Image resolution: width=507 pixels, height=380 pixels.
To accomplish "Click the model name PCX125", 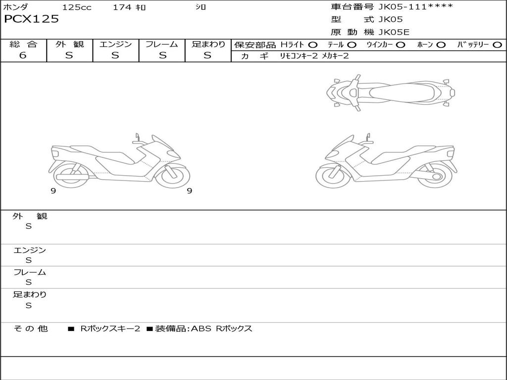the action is [31, 19].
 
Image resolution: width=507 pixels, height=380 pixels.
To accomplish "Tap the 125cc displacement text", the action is [77, 7].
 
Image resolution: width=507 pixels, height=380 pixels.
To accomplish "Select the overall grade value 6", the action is [23, 55].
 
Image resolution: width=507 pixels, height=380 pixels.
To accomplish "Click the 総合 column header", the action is [23, 44].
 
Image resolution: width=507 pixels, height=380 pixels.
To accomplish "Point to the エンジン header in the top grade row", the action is [115, 44].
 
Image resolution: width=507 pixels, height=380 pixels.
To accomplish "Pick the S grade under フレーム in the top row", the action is [162, 55].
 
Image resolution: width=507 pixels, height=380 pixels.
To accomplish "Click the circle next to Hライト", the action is [312, 45].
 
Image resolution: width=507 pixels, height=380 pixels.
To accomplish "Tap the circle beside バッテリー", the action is [497, 45].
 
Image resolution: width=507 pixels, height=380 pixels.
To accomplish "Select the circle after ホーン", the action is [441, 45].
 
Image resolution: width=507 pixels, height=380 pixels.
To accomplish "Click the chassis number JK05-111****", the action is [415, 7].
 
